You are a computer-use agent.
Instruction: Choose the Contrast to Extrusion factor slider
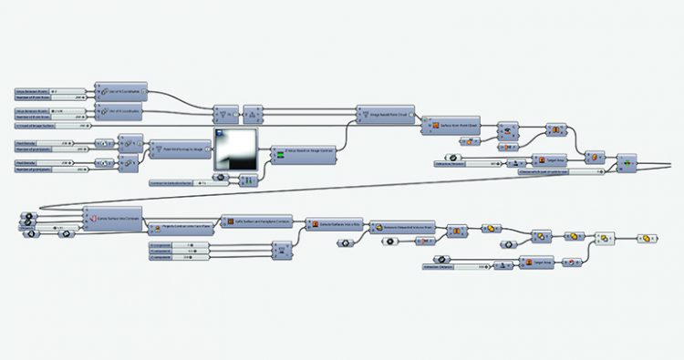177,183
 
